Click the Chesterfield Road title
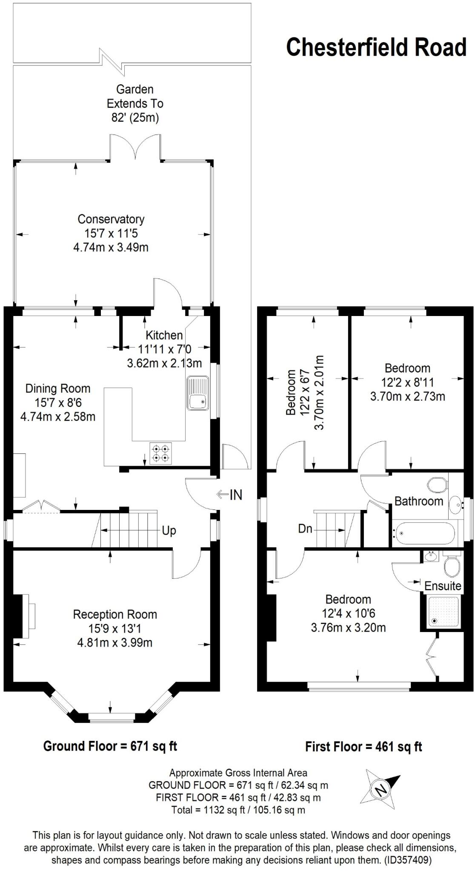(x=376, y=47)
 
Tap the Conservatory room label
(x=111, y=219)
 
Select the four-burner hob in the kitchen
(x=161, y=453)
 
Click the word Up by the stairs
(x=169, y=531)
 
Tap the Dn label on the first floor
(x=305, y=529)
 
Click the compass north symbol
(x=381, y=790)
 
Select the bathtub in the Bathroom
(x=423, y=533)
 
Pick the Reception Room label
(x=115, y=614)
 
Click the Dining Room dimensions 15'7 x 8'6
(x=58, y=402)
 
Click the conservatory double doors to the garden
(x=136, y=147)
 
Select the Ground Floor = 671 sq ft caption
(x=110, y=746)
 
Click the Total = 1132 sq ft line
(x=238, y=810)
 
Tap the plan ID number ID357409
(x=408, y=860)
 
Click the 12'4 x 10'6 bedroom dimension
(x=348, y=613)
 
